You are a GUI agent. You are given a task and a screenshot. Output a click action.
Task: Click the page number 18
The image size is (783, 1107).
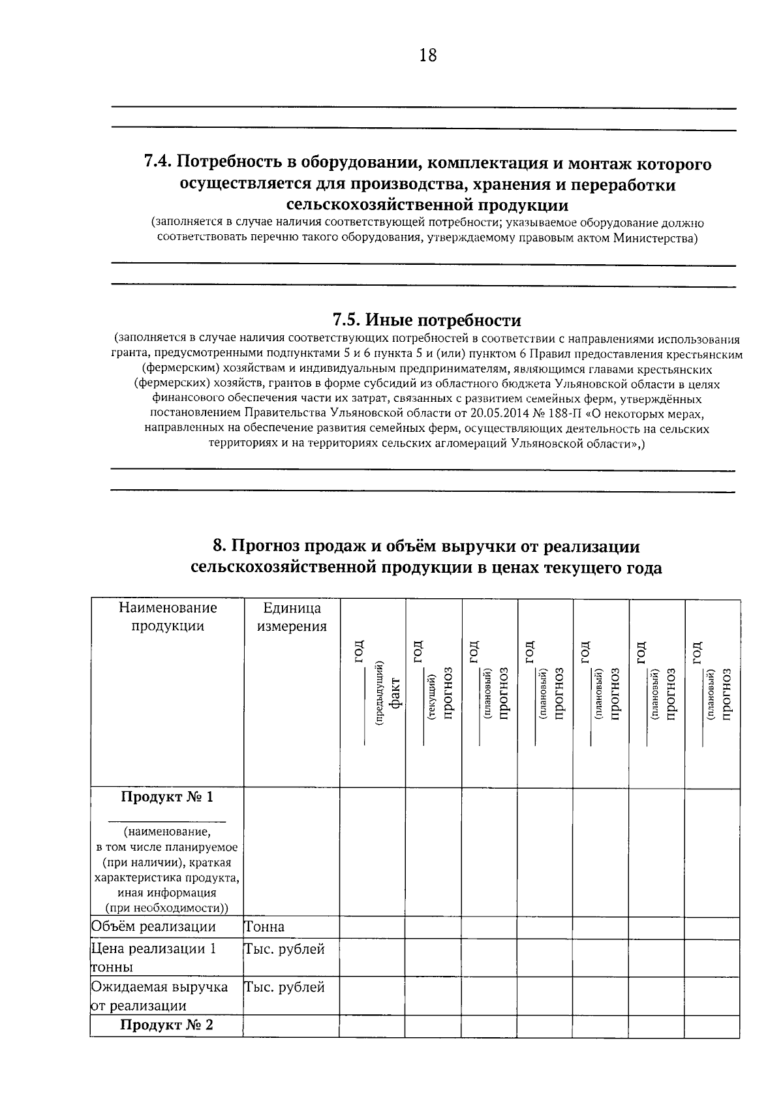click(427, 55)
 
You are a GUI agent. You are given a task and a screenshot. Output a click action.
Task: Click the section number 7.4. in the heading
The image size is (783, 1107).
click(158, 162)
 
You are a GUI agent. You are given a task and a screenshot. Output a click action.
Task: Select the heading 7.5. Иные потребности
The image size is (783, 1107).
click(427, 320)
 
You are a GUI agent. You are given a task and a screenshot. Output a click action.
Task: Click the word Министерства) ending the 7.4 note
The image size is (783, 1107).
click(655, 238)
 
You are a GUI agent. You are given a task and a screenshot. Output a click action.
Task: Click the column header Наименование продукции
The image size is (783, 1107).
click(168, 616)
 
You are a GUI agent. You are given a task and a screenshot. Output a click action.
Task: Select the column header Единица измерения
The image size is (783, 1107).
click(292, 616)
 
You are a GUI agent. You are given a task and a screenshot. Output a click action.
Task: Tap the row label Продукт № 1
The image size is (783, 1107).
click(167, 797)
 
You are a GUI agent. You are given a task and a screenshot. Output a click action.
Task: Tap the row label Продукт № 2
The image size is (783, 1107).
click(167, 1025)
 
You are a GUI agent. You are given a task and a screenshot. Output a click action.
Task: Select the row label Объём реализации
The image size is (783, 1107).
click(153, 927)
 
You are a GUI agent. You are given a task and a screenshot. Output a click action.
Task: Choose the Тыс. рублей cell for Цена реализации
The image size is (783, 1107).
click(284, 949)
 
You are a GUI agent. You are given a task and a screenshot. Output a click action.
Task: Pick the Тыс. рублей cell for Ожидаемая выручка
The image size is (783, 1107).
click(284, 987)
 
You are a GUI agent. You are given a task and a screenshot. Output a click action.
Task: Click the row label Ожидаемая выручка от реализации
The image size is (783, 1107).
click(159, 995)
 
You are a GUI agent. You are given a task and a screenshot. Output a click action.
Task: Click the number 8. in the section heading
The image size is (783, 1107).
click(219, 546)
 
